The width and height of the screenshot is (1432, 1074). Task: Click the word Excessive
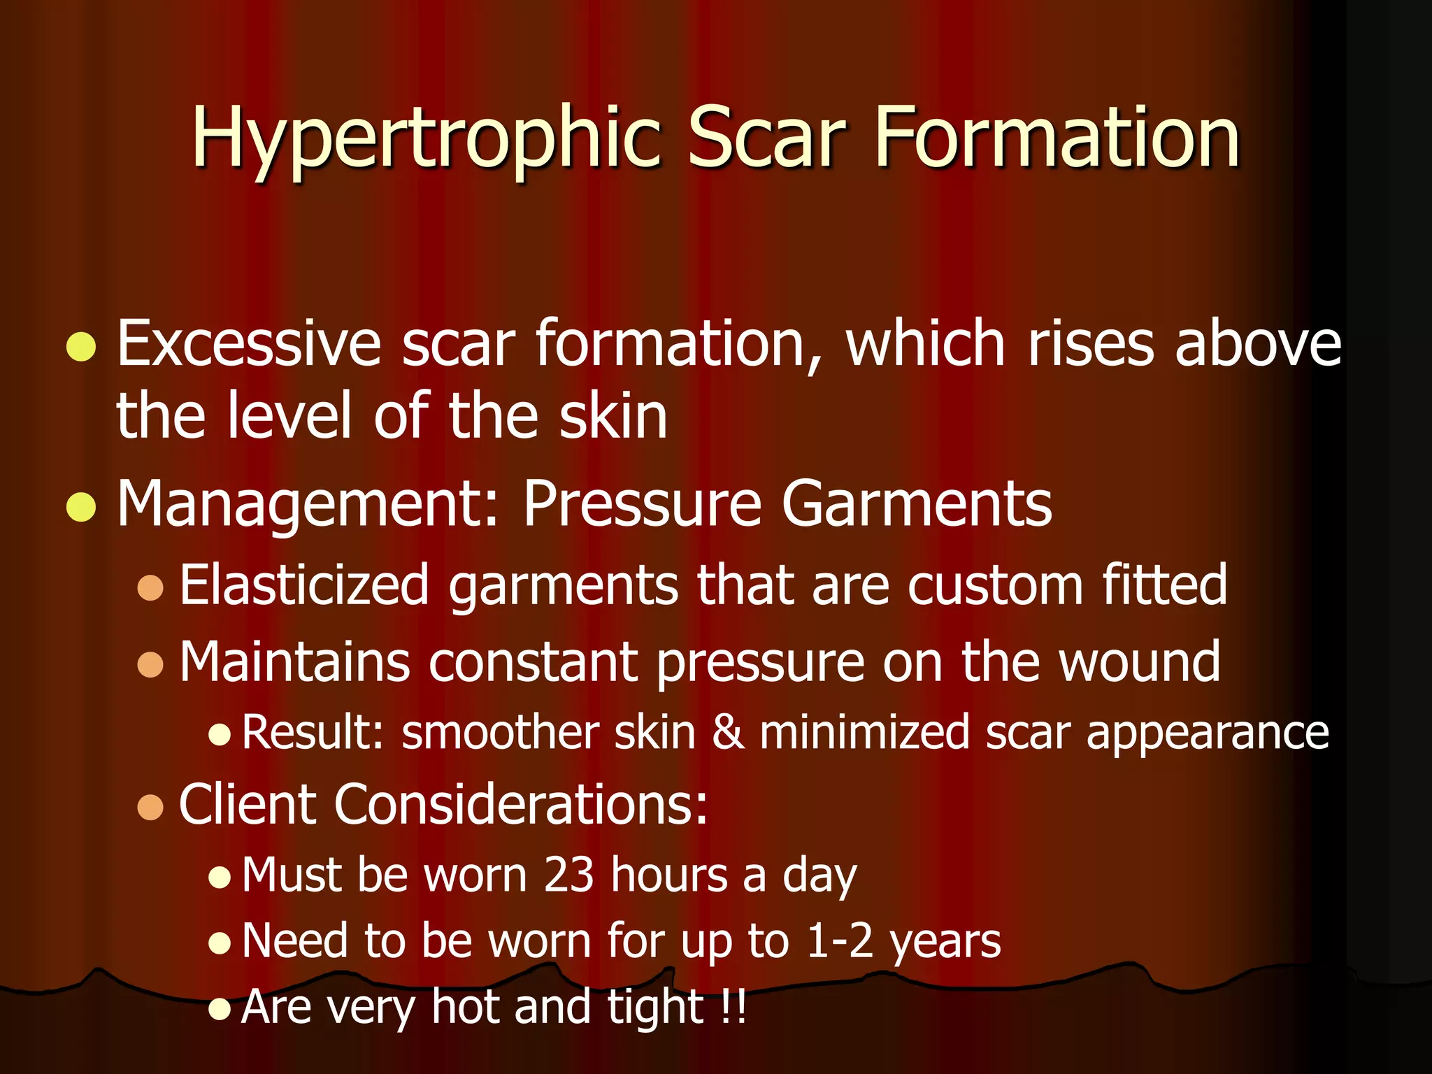(249, 343)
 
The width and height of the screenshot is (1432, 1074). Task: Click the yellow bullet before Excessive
(81, 346)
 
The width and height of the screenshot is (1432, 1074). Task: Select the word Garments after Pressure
(917, 505)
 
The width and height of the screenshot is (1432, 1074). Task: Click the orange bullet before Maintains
(150, 664)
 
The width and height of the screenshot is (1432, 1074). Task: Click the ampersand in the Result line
(728, 733)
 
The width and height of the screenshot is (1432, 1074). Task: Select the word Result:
(313, 733)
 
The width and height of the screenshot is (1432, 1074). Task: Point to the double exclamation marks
(732, 1007)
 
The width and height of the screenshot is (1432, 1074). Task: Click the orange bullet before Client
(150, 807)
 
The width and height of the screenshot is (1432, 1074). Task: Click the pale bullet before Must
(220, 878)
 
